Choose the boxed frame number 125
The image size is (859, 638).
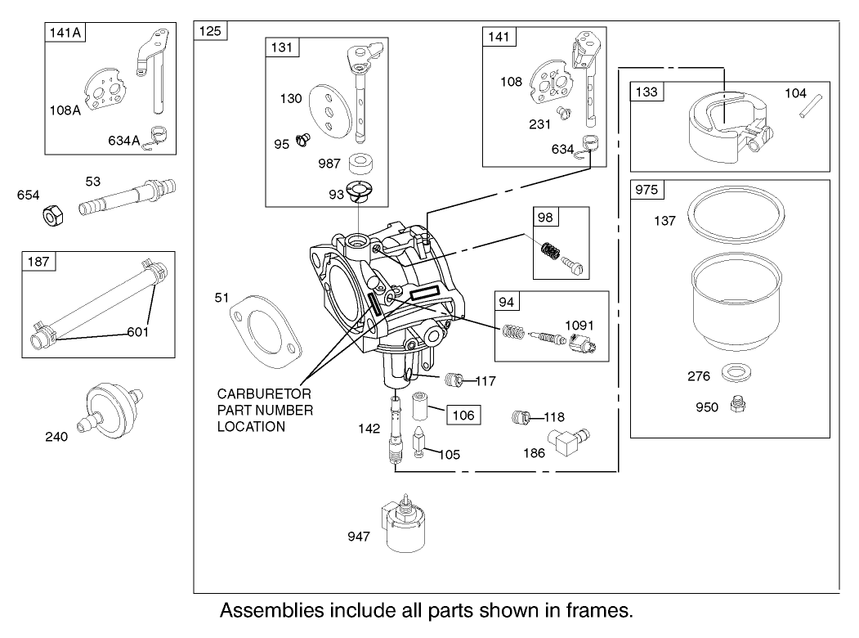[x=211, y=31]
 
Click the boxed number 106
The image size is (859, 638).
[x=463, y=415]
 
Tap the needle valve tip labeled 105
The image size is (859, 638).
[x=423, y=443]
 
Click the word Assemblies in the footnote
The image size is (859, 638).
[x=271, y=611]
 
